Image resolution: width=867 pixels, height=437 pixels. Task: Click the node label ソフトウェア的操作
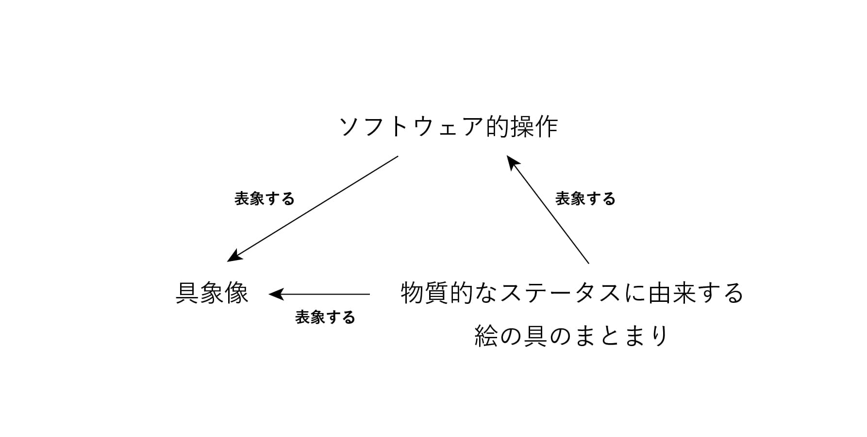pyautogui.click(x=449, y=127)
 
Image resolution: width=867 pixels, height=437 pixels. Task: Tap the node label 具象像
pyautogui.click(x=212, y=293)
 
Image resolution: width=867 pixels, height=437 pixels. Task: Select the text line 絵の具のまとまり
pyautogui.click(x=572, y=336)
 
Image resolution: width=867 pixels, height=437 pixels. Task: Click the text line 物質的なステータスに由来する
pyautogui.click(x=572, y=293)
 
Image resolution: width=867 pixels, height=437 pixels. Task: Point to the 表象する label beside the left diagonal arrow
pyautogui.click(x=265, y=199)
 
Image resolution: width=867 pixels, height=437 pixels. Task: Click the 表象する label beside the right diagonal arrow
pyautogui.click(x=585, y=199)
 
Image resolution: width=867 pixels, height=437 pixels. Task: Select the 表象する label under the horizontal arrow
pyautogui.click(x=325, y=317)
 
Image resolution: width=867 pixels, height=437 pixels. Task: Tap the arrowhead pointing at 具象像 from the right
pyautogui.click(x=276, y=294)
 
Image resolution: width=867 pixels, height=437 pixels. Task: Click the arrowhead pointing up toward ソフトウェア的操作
pyautogui.click(x=512, y=162)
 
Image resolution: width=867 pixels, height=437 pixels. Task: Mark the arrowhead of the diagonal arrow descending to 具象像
pyautogui.click(x=234, y=257)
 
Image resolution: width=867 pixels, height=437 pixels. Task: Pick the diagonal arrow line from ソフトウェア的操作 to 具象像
pyautogui.click(x=313, y=209)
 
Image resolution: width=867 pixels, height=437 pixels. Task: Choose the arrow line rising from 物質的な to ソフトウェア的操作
pyautogui.click(x=548, y=210)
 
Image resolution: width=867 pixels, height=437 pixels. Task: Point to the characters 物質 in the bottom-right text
pyautogui.click(x=425, y=293)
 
